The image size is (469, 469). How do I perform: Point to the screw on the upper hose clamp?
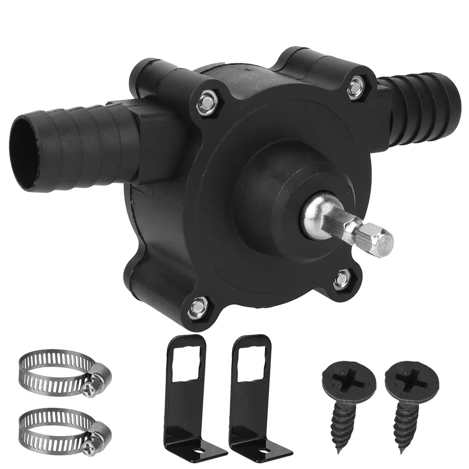[90, 386]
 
